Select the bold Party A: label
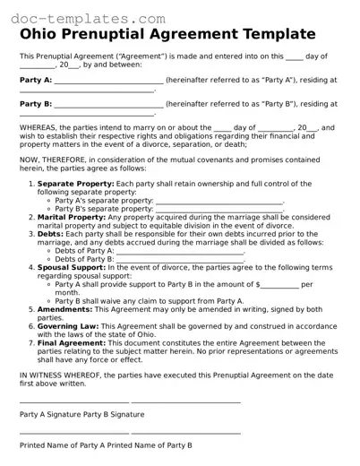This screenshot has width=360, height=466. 36,80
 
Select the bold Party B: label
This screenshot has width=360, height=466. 36,104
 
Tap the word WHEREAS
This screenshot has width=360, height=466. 40,128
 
